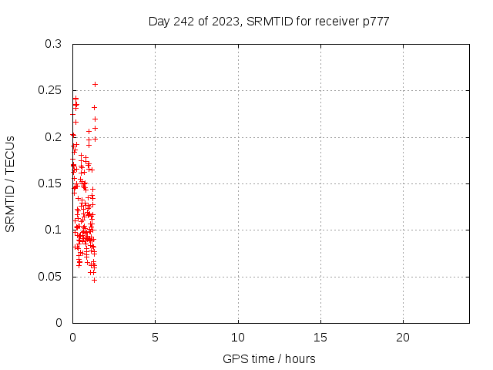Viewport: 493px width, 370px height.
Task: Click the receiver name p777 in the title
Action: point(374,21)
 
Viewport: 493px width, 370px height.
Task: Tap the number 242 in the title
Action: point(186,21)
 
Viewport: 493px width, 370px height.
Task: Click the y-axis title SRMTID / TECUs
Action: point(10,183)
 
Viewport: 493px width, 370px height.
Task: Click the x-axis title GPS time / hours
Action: point(269,358)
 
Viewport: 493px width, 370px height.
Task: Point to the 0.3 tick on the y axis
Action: point(53,45)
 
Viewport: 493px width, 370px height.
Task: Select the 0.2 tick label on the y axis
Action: point(53,137)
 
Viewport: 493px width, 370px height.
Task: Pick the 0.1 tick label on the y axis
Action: point(53,230)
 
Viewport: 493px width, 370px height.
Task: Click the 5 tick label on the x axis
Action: point(155,338)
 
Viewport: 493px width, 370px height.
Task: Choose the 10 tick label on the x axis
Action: point(238,338)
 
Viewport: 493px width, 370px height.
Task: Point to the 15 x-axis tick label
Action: point(320,338)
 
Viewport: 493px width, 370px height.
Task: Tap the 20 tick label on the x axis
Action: point(403,338)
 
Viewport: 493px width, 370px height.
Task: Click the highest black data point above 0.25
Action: point(95,84)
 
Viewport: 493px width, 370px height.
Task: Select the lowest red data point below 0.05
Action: point(94,280)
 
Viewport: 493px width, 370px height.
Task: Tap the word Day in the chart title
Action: point(159,21)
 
